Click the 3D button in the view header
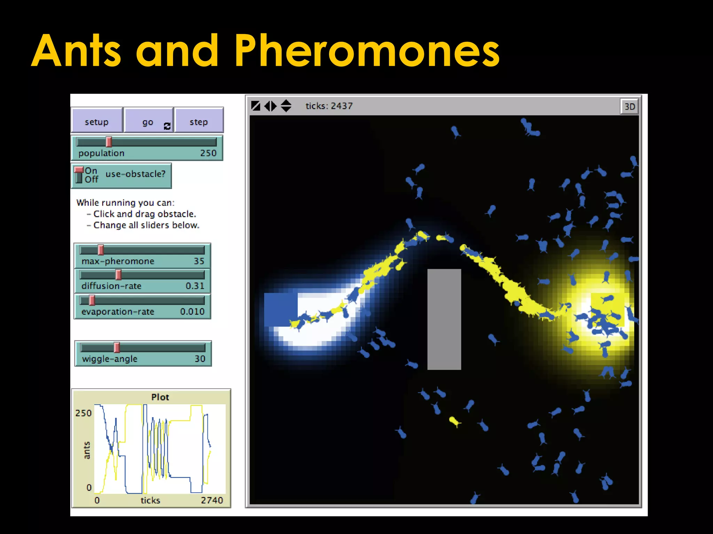click(x=629, y=106)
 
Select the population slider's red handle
click(x=109, y=142)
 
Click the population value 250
click(x=208, y=153)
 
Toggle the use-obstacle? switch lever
click(x=79, y=174)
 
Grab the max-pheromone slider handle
click(x=101, y=250)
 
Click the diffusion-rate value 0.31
click(x=195, y=286)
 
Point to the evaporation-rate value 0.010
click(x=192, y=311)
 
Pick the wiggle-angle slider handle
click(x=117, y=347)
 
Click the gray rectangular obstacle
click(x=444, y=319)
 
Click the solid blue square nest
click(x=280, y=309)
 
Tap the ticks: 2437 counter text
click(x=329, y=106)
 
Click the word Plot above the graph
click(x=160, y=397)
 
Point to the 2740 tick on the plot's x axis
click(x=212, y=500)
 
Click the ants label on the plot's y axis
click(x=87, y=450)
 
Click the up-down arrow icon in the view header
click(x=286, y=106)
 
